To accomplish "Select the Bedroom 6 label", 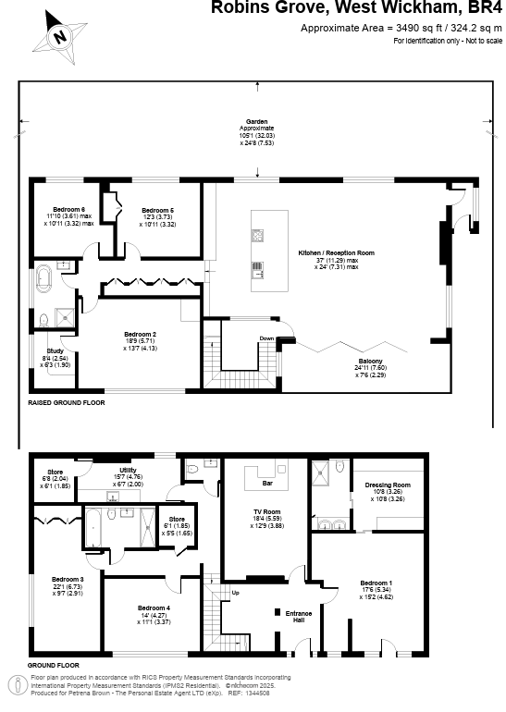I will [69, 210].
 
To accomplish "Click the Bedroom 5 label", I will [158, 210].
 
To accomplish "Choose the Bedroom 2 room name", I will [141, 334].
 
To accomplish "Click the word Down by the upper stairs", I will [267, 338].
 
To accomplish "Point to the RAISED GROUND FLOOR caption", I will [66, 403].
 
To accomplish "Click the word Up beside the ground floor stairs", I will [234, 592].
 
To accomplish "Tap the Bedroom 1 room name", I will [376, 583].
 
